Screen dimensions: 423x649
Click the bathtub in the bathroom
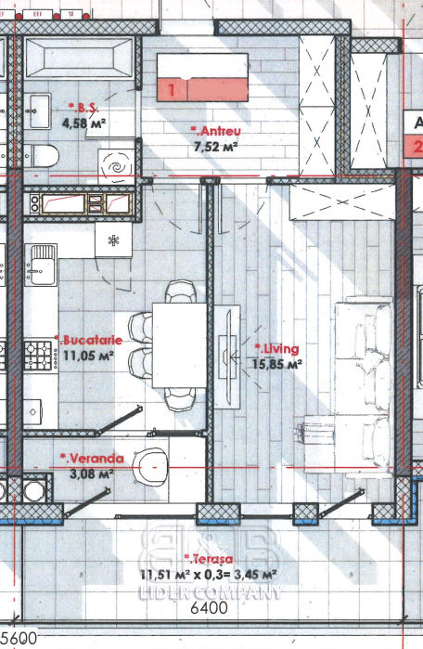[80, 58]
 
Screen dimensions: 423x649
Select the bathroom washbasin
[37, 110]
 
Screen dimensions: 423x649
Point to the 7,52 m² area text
[215, 146]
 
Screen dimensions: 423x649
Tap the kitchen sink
[41, 265]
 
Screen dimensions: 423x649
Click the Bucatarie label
[88, 340]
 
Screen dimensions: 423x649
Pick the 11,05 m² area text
[88, 356]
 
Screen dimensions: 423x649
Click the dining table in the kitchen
[179, 345]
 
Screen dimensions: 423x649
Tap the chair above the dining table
[180, 292]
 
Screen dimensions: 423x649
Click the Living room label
[276, 348]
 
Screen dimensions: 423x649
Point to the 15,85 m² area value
[277, 364]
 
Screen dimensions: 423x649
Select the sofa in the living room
[364, 385]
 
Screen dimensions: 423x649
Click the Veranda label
[92, 459]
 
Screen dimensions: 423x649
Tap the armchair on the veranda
[150, 466]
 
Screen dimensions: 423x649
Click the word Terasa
[209, 559]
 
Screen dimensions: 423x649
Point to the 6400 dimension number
[210, 607]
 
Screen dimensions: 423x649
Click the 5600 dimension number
[19, 638]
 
